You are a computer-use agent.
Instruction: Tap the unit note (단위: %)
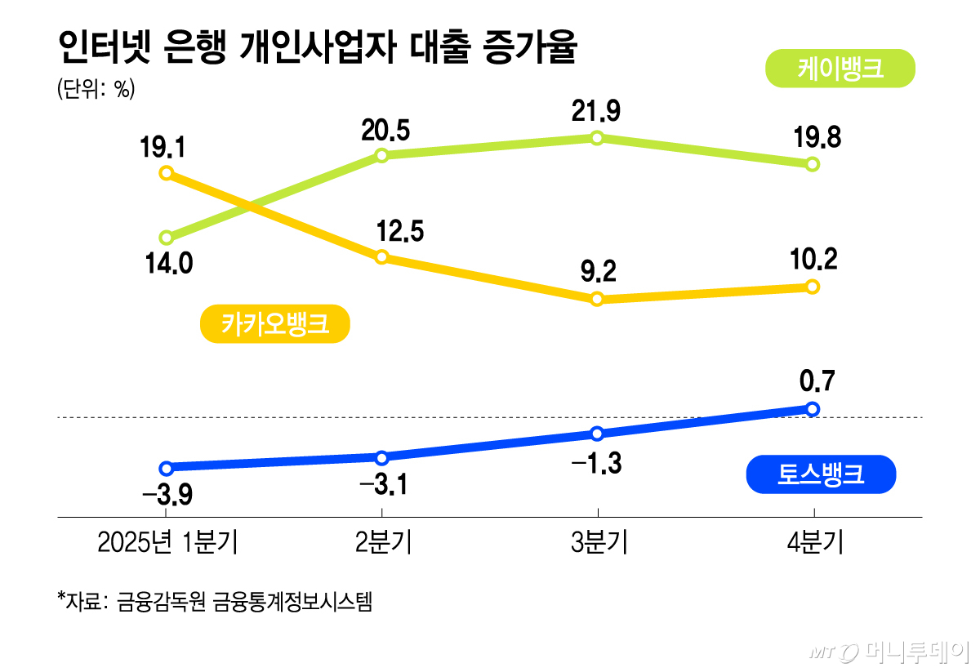click(x=95, y=90)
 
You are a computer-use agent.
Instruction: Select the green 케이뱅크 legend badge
click(x=840, y=69)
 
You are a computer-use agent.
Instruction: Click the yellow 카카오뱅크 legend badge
click(x=274, y=324)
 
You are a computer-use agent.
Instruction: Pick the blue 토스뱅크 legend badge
click(x=821, y=474)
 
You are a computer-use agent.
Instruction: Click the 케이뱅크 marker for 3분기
click(x=597, y=138)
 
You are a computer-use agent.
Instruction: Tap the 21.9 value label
click(x=596, y=110)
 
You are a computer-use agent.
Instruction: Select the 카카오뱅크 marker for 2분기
click(x=381, y=257)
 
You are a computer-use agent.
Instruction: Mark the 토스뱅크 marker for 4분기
click(x=812, y=408)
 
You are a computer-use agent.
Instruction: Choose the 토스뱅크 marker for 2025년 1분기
click(x=167, y=468)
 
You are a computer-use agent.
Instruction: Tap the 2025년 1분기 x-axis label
click(x=167, y=542)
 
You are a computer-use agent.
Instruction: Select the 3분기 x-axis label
click(x=599, y=542)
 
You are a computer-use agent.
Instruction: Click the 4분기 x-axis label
click(x=813, y=542)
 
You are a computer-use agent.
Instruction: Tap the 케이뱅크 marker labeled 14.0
click(x=167, y=238)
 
